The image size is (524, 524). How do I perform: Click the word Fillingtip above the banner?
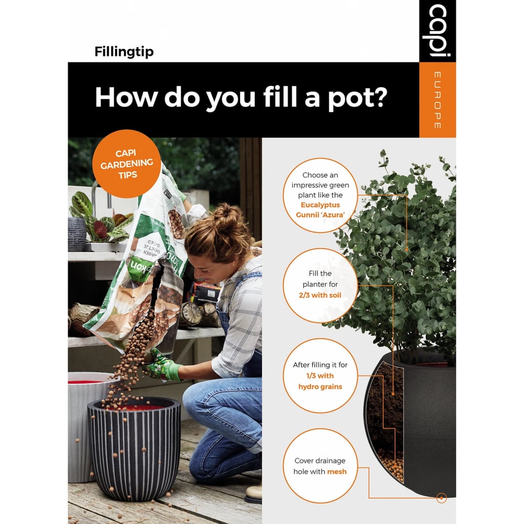point(124,52)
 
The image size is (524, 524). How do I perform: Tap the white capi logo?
point(437,31)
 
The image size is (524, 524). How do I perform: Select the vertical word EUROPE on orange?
point(437,100)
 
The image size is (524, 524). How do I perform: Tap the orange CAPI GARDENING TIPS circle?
point(126,164)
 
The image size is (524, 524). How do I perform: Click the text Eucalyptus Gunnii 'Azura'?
point(320,210)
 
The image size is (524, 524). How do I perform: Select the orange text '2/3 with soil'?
point(320,295)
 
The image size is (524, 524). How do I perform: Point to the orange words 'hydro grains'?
point(320,386)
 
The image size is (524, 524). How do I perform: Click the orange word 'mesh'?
point(337,471)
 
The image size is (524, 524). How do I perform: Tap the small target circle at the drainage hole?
point(441,497)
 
